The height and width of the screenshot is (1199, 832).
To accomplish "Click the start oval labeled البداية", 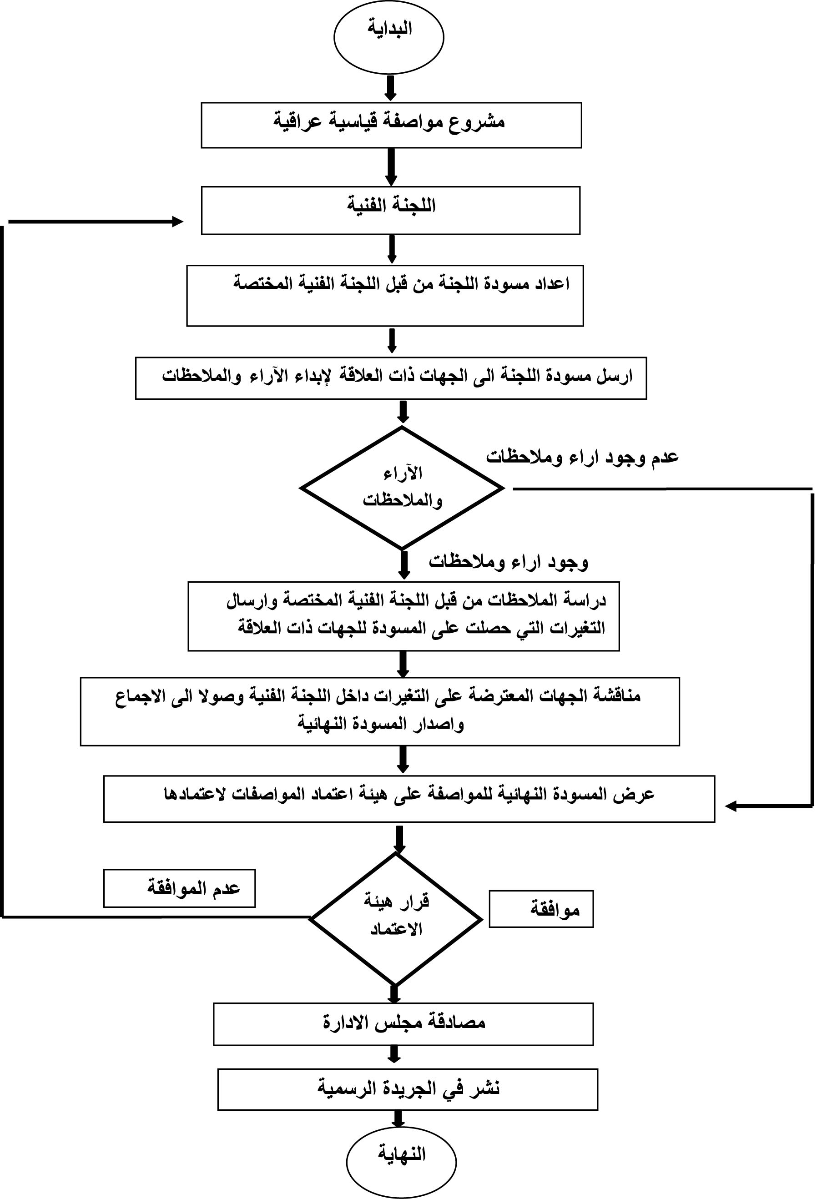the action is [388, 38].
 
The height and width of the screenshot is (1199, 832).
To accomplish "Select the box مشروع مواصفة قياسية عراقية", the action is [391, 125].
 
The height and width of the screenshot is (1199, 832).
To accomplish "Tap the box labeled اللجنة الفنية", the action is [390, 211].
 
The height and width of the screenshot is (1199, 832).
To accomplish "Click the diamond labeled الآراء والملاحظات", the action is [402, 488].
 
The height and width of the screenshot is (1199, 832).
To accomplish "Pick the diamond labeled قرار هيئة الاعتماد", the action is [395, 919].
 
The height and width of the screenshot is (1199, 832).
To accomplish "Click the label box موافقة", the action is [541, 909].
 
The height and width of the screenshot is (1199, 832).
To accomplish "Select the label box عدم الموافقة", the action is [179, 888].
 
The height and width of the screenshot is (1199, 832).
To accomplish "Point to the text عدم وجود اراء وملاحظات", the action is [582, 457].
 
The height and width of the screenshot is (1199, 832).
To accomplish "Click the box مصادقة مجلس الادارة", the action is [403, 1023].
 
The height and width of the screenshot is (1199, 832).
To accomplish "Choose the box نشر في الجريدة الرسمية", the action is [408, 1089].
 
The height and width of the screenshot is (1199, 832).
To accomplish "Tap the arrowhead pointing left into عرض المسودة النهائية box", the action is [731, 806].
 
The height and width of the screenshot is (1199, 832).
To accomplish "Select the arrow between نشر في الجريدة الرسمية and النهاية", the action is [398, 1119].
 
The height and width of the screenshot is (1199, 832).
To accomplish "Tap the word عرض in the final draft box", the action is [639, 795].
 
